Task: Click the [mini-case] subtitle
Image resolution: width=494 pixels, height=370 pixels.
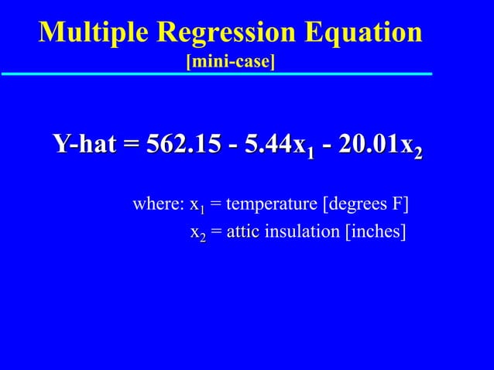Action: tap(231, 60)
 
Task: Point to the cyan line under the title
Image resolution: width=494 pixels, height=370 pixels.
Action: tap(217, 74)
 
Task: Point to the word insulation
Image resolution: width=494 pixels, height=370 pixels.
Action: tap(297, 232)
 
